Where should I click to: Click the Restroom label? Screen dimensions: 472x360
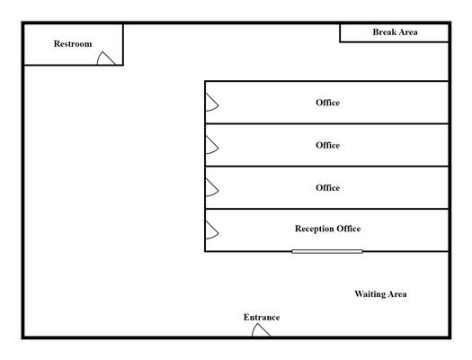(x=73, y=44)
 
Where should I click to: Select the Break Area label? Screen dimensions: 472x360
(x=395, y=32)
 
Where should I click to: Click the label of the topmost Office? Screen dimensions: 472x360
(x=327, y=103)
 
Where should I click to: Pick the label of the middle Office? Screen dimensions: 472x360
(x=327, y=145)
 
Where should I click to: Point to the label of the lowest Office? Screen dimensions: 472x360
(x=327, y=188)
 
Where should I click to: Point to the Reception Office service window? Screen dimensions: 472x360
(x=327, y=251)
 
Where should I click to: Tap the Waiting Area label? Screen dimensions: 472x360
(x=380, y=294)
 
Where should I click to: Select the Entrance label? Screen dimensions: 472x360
(x=262, y=317)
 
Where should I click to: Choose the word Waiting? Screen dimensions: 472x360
(x=370, y=294)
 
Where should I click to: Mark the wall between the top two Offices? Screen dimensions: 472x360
(x=327, y=124)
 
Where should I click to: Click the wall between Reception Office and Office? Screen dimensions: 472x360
(x=327, y=209)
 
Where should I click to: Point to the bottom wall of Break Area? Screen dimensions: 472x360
(x=395, y=42)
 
